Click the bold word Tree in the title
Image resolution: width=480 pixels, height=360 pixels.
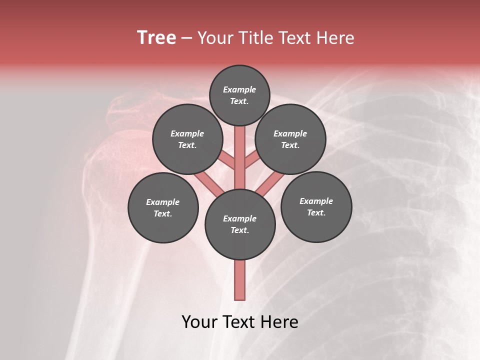(x=156, y=38)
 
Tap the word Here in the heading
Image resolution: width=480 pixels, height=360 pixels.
(x=336, y=38)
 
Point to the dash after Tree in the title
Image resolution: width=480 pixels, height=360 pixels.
(x=187, y=38)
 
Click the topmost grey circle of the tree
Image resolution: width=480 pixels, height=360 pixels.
(x=239, y=95)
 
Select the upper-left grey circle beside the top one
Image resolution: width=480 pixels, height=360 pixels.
(x=187, y=139)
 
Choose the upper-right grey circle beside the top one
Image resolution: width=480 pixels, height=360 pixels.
(x=290, y=139)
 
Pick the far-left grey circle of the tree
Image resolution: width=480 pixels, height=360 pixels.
(x=163, y=207)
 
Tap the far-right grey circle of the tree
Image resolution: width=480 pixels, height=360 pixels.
(x=316, y=206)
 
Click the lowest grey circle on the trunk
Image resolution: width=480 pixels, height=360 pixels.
(x=240, y=224)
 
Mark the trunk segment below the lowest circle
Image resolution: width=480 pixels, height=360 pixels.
(x=240, y=280)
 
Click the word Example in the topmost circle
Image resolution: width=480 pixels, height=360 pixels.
(x=239, y=89)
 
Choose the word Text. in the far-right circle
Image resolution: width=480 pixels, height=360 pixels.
(x=316, y=212)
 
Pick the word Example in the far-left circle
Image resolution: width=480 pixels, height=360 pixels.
(x=163, y=202)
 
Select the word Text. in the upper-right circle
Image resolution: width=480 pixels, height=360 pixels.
(x=290, y=145)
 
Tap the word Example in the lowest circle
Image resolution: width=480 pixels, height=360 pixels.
(x=240, y=218)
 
